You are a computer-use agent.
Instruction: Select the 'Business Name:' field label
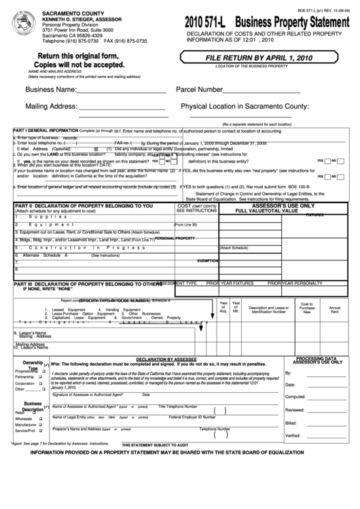coord(51,90)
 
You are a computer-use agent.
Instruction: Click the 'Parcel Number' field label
coord(200,90)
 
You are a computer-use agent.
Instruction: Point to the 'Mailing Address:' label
coord(52,106)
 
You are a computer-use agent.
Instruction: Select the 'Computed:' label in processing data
coord(295,397)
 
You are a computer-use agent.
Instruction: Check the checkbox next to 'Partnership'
coord(40,377)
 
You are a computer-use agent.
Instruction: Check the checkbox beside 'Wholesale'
coord(40,419)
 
